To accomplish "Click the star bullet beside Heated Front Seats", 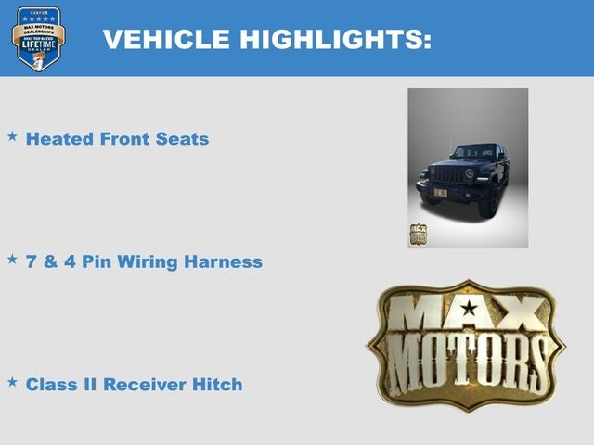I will pyautogui.click(x=12, y=136).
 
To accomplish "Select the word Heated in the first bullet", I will pyautogui.click(x=58, y=139).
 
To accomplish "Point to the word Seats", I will pyautogui.click(x=183, y=139).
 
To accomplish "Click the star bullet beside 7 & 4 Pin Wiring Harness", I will pyautogui.click(x=12, y=259).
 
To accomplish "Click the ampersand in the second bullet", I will pyautogui.click(x=50, y=261).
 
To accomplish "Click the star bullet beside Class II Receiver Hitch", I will pyautogui.click(x=12, y=381).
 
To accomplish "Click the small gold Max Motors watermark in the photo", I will pyautogui.click(x=418, y=234).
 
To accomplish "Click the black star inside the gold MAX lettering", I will pyautogui.click(x=470, y=309).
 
